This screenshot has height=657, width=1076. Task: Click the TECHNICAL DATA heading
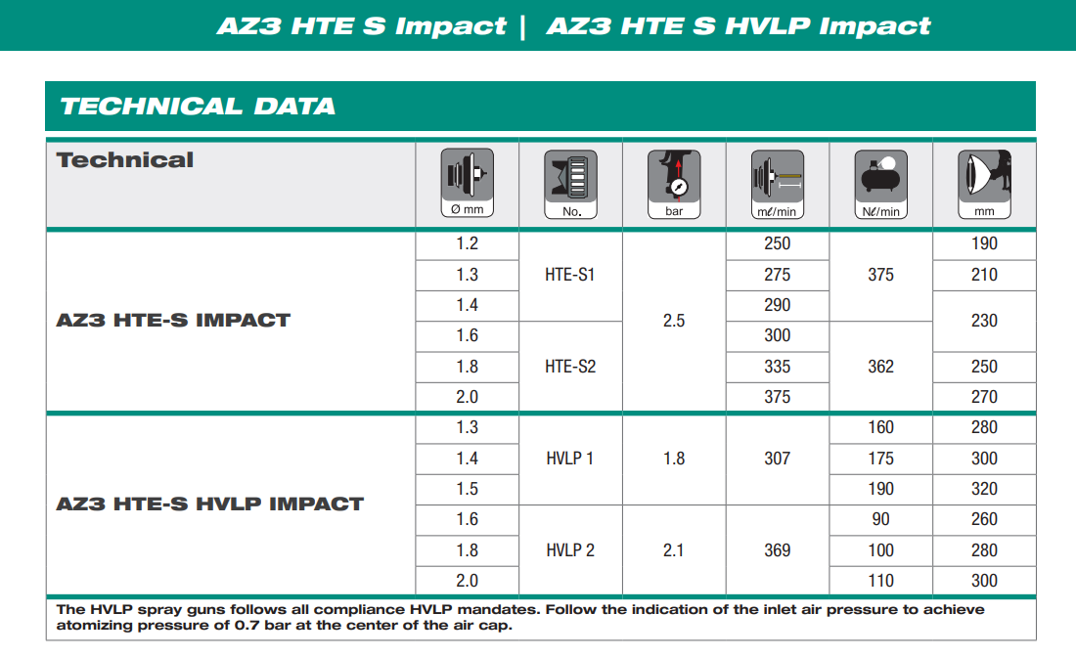click(x=198, y=107)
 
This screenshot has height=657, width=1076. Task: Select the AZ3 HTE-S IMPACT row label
click(x=173, y=321)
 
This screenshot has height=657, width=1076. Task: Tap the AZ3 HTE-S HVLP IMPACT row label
click(x=210, y=504)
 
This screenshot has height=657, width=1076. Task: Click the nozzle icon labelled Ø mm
click(x=468, y=183)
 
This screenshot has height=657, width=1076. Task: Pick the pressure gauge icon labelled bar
click(x=674, y=184)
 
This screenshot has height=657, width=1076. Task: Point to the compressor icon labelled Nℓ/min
click(x=881, y=184)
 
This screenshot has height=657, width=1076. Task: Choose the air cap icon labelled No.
click(x=571, y=184)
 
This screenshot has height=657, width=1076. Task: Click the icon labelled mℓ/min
click(x=778, y=184)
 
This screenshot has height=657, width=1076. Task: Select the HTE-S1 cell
click(x=570, y=275)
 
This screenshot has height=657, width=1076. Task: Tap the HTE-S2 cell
click(x=570, y=367)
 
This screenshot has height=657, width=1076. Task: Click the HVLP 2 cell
click(x=570, y=550)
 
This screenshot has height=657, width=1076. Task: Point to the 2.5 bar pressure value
click(x=674, y=321)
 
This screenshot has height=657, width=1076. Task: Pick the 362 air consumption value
click(x=881, y=367)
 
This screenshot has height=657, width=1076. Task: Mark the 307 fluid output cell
click(x=778, y=459)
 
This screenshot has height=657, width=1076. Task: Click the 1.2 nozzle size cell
click(x=468, y=243)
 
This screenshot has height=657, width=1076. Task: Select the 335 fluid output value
click(x=778, y=367)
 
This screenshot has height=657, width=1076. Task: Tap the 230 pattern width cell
click(x=984, y=321)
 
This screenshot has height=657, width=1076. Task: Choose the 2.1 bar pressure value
click(x=674, y=550)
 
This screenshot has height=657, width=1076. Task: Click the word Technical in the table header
click(x=125, y=159)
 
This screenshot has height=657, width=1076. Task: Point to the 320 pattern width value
click(x=984, y=489)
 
